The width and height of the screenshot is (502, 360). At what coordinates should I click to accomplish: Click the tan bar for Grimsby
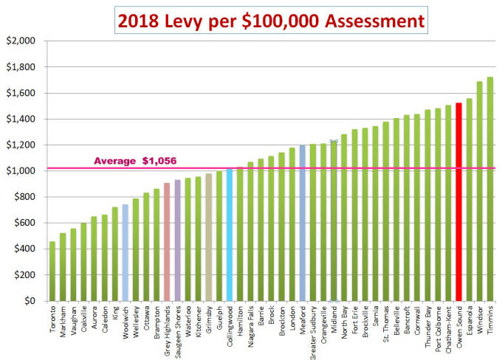click(x=208, y=237)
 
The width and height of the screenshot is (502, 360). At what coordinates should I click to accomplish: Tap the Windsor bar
click(x=479, y=191)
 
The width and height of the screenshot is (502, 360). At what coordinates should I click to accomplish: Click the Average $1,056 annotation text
click(x=135, y=161)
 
